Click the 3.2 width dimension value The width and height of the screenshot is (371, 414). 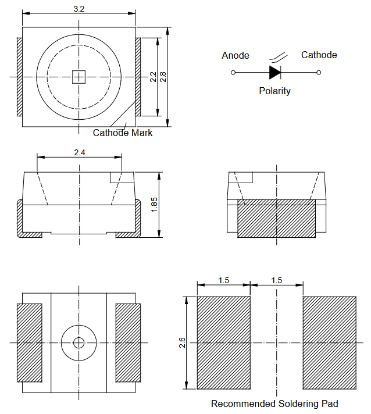pyautogui.click(x=79, y=9)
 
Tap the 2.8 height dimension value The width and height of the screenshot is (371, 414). pyautogui.click(x=163, y=77)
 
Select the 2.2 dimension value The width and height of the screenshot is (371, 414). pyautogui.click(x=153, y=77)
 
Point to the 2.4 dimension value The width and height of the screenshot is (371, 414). pyautogui.click(x=80, y=152)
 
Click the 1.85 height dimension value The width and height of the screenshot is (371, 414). pyautogui.click(x=154, y=205)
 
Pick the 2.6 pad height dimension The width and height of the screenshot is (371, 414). pyautogui.click(x=182, y=342)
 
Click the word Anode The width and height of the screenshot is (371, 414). pyautogui.click(x=236, y=55)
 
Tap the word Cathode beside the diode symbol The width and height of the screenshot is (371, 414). pyautogui.click(x=319, y=55)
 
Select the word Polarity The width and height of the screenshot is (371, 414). pyautogui.click(x=274, y=91)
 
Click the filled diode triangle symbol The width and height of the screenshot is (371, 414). pyautogui.click(x=274, y=72)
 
